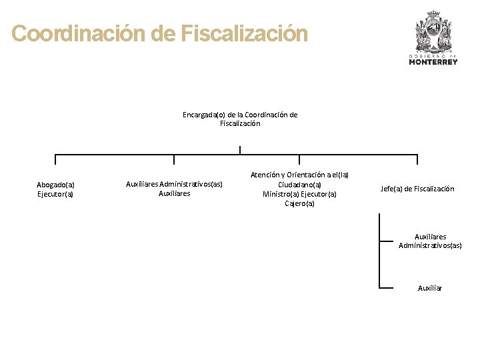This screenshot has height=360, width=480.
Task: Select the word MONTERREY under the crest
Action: click(x=433, y=62)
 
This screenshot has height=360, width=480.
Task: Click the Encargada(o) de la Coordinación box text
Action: click(x=240, y=119)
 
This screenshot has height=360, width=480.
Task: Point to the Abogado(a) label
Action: click(x=55, y=185)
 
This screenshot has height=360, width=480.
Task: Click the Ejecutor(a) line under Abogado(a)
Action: click(x=55, y=195)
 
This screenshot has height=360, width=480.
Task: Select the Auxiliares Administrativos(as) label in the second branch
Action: click(x=174, y=183)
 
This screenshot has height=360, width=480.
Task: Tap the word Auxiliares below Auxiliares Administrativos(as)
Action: click(x=174, y=193)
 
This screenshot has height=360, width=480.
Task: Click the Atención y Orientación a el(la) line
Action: click(x=299, y=175)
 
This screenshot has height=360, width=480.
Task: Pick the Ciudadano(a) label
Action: click(x=299, y=185)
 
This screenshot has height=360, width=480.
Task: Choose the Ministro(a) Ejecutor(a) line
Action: click(x=299, y=194)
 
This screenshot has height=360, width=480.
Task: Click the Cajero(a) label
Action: click(x=299, y=204)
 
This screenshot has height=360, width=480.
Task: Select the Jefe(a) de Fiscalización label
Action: click(x=417, y=189)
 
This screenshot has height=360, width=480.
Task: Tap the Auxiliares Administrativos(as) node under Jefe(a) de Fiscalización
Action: click(x=430, y=241)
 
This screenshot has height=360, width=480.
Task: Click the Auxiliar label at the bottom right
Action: click(x=430, y=288)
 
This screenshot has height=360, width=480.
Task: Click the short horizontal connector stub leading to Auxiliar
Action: click(x=386, y=288)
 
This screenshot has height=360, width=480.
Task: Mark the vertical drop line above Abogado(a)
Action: click(x=55, y=159)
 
